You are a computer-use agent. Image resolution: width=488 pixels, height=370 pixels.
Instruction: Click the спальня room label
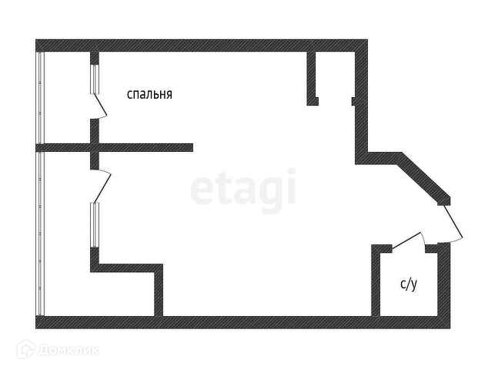(x=149, y=95)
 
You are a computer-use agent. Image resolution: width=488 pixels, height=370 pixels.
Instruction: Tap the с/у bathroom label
(x=409, y=284)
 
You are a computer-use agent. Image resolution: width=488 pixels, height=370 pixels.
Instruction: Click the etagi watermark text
(x=243, y=189)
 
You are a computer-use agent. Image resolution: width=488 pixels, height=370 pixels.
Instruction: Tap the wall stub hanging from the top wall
(x=313, y=77)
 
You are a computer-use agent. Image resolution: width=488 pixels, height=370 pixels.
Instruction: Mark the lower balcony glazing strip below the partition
(x=40, y=231)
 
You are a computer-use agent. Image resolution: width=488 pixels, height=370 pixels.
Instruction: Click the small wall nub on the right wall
(x=354, y=101)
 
